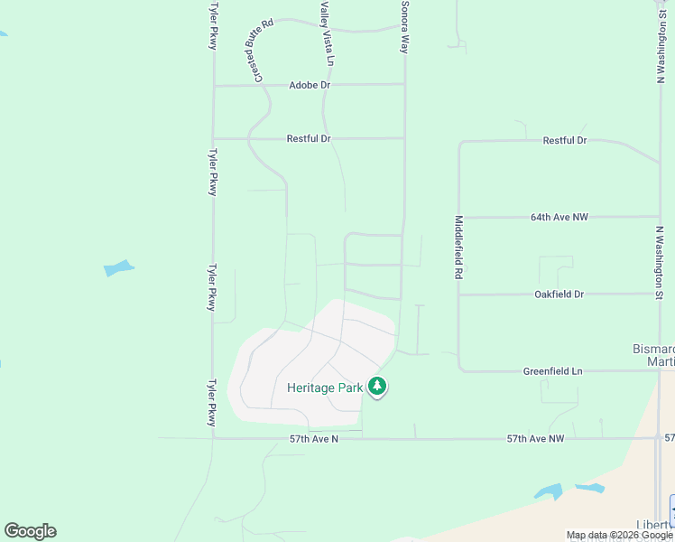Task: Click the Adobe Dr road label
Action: pyautogui.click(x=310, y=85)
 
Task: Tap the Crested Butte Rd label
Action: pyautogui.click(x=255, y=51)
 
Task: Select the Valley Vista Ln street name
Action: pyautogui.click(x=327, y=34)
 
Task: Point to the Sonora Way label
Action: pyautogui.click(x=404, y=27)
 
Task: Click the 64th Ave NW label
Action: pyautogui.click(x=559, y=218)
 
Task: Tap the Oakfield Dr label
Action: pyautogui.click(x=559, y=294)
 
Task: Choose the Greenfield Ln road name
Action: pyautogui.click(x=552, y=371)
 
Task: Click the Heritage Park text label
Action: pyautogui.click(x=324, y=388)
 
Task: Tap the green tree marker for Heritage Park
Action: pyautogui.click(x=377, y=387)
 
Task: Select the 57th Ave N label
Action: pyautogui.click(x=313, y=439)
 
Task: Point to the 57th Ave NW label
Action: pyautogui.click(x=535, y=439)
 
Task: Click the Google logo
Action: pyautogui.click(x=30, y=531)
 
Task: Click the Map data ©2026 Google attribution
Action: pyautogui.click(x=619, y=535)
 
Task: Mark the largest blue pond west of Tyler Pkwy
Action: pyautogui.click(x=118, y=268)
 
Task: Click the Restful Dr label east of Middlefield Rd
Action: pyautogui.click(x=565, y=141)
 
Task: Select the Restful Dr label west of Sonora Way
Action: pyautogui.click(x=309, y=139)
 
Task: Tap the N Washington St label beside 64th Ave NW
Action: pyautogui.click(x=660, y=262)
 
